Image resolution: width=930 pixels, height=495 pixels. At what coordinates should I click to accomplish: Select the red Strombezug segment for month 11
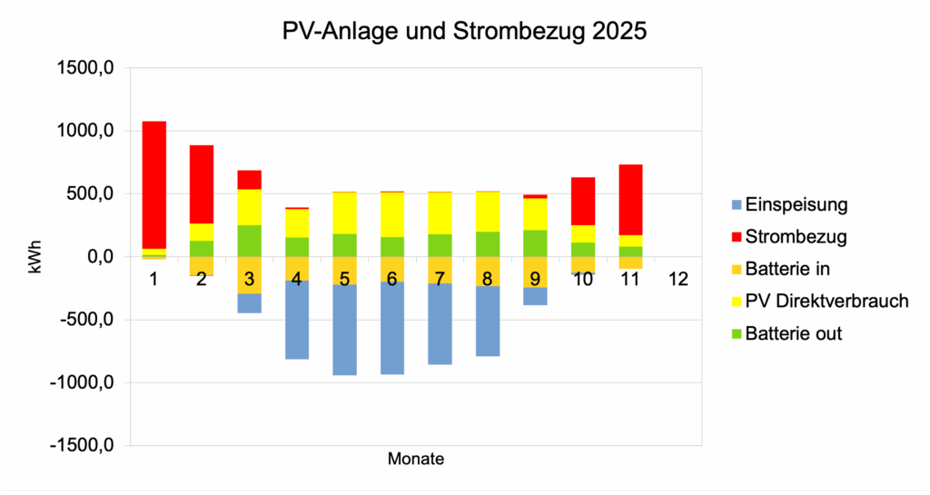click(630, 199)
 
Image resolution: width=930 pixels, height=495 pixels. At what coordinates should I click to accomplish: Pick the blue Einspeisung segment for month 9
click(535, 296)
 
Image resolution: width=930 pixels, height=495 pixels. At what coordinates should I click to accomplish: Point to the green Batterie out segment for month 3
click(249, 241)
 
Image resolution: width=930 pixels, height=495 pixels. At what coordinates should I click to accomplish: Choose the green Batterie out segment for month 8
click(487, 244)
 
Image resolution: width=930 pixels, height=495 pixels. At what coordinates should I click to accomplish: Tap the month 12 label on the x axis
click(678, 279)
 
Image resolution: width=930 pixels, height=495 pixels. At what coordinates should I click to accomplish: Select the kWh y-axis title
click(35, 257)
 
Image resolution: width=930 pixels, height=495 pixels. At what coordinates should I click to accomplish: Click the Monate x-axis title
click(416, 459)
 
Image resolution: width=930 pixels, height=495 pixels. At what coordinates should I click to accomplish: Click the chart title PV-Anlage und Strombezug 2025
click(465, 31)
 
